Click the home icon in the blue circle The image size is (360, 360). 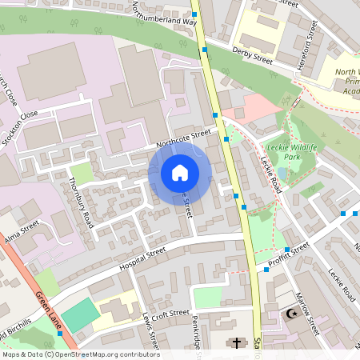coord(179,173)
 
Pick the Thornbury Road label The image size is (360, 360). coord(82,202)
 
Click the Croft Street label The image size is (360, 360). coord(170,313)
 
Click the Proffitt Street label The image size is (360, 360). coord(289,252)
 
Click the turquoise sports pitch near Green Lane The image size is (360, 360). coord(78,315)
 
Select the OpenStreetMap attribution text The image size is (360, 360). coord(80,354)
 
